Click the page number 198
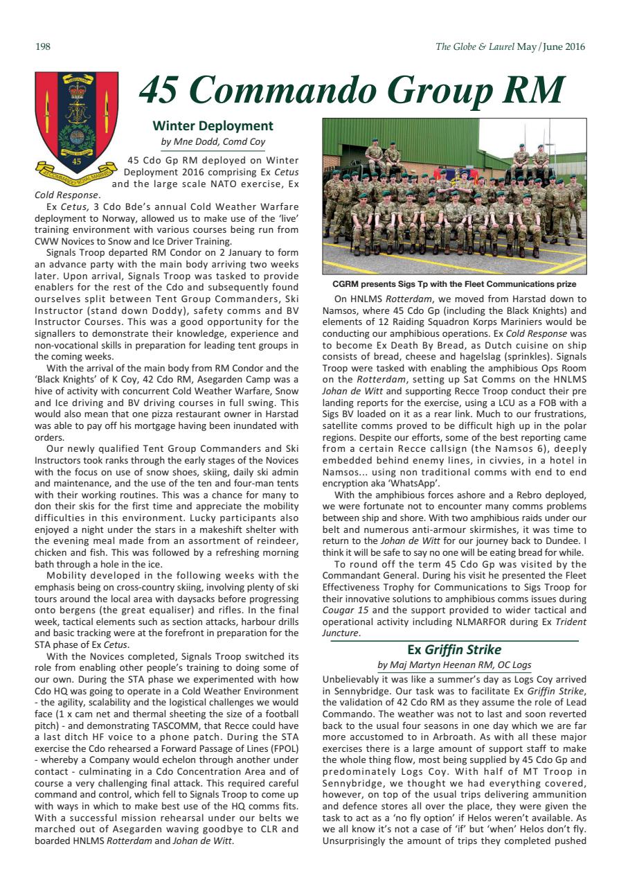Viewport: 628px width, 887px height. (x=42, y=47)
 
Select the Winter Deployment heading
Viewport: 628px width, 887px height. (x=213, y=125)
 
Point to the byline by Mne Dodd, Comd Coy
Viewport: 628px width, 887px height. (x=213, y=141)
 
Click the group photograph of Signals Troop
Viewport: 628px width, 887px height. (x=454, y=197)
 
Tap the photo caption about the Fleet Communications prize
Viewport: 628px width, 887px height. (x=454, y=284)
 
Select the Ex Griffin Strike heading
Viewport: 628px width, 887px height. (x=454, y=649)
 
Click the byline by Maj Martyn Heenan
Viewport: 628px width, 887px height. (x=454, y=665)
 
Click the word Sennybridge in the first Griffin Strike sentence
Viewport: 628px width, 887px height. (x=353, y=690)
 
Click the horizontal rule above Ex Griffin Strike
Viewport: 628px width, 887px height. (x=454, y=641)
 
